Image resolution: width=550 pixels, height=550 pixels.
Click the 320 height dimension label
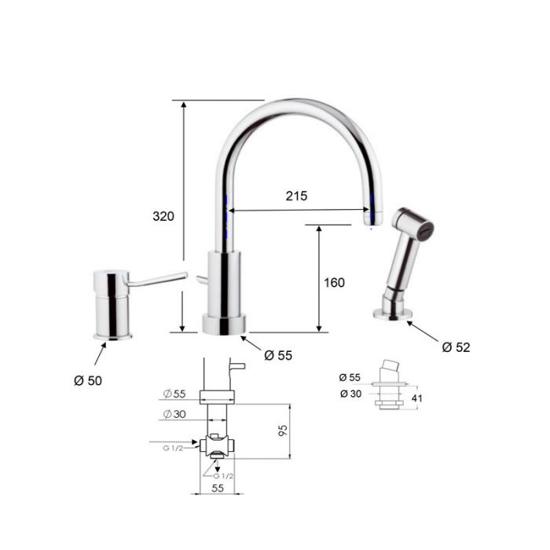coord(163,216)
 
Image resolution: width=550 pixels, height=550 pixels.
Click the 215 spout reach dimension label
coord(296,196)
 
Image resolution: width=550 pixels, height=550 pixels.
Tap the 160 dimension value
coord(334,282)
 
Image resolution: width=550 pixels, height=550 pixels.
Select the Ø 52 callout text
coord(456,347)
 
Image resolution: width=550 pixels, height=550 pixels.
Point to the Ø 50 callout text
coord(88,380)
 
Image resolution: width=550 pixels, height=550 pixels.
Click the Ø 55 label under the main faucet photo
coord(278,355)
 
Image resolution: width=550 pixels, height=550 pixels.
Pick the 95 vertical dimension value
coord(283,431)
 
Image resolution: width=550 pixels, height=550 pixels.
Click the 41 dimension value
coord(417,398)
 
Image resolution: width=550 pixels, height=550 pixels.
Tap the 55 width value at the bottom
coord(218,488)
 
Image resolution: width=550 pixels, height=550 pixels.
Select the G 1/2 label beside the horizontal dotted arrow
coord(173,449)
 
